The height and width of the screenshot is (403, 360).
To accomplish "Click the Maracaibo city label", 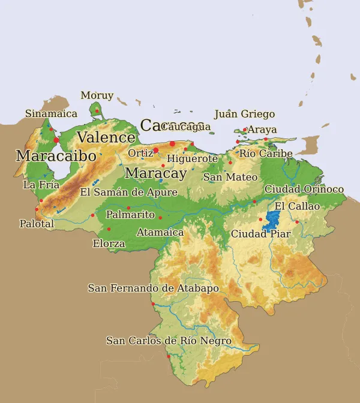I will [56, 156].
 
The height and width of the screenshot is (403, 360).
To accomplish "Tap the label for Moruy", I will [97, 95].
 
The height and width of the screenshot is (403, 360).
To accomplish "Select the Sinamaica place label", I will [51, 113].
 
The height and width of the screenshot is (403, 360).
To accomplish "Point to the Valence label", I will [106, 137].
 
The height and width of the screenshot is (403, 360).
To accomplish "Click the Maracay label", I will [156, 174].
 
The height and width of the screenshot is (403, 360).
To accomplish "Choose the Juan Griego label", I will [244, 114].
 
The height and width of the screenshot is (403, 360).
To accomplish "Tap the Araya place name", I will [262, 130].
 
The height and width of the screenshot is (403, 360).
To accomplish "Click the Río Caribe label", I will [266, 154].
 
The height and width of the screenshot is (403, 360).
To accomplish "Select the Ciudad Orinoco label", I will [304, 190].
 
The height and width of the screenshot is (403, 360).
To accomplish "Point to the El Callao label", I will [297, 206].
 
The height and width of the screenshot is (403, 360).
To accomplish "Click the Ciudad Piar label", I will [260, 234].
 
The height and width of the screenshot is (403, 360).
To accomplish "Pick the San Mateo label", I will [230, 177].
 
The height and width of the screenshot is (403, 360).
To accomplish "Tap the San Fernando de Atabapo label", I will [153, 288].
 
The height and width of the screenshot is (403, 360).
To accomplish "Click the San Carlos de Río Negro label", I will [169, 341].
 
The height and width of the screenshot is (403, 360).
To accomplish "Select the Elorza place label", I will [109, 243].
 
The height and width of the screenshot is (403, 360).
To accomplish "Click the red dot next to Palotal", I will [37, 209].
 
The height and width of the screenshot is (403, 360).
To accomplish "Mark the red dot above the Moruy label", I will [97, 110].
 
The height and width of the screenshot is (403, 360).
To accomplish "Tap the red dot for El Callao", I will [296, 222].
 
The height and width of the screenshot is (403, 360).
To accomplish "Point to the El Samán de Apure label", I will [128, 193].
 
